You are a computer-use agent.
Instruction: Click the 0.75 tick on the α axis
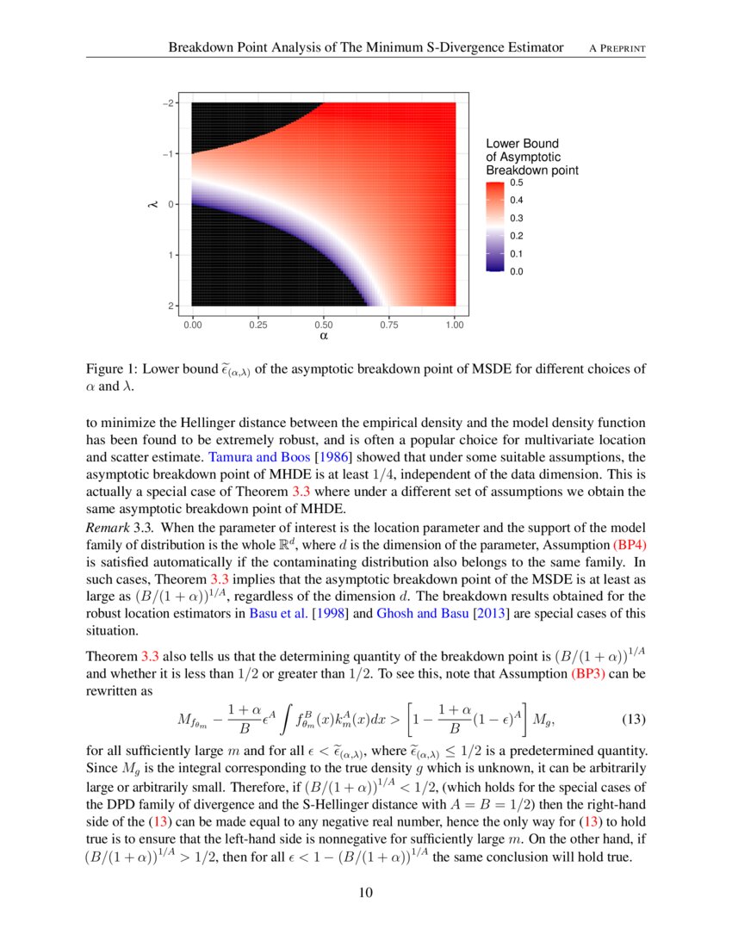point(388,325)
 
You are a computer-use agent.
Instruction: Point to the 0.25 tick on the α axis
point(257,325)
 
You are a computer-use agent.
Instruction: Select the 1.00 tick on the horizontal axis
point(454,325)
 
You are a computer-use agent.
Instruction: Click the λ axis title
point(151,204)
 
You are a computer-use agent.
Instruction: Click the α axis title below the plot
point(324,337)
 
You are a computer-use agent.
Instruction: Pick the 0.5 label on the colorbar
point(516,183)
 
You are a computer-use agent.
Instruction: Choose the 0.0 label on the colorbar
point(516,271)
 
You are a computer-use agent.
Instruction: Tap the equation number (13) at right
point(633,718)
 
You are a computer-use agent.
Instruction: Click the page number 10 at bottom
point(366,892)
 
